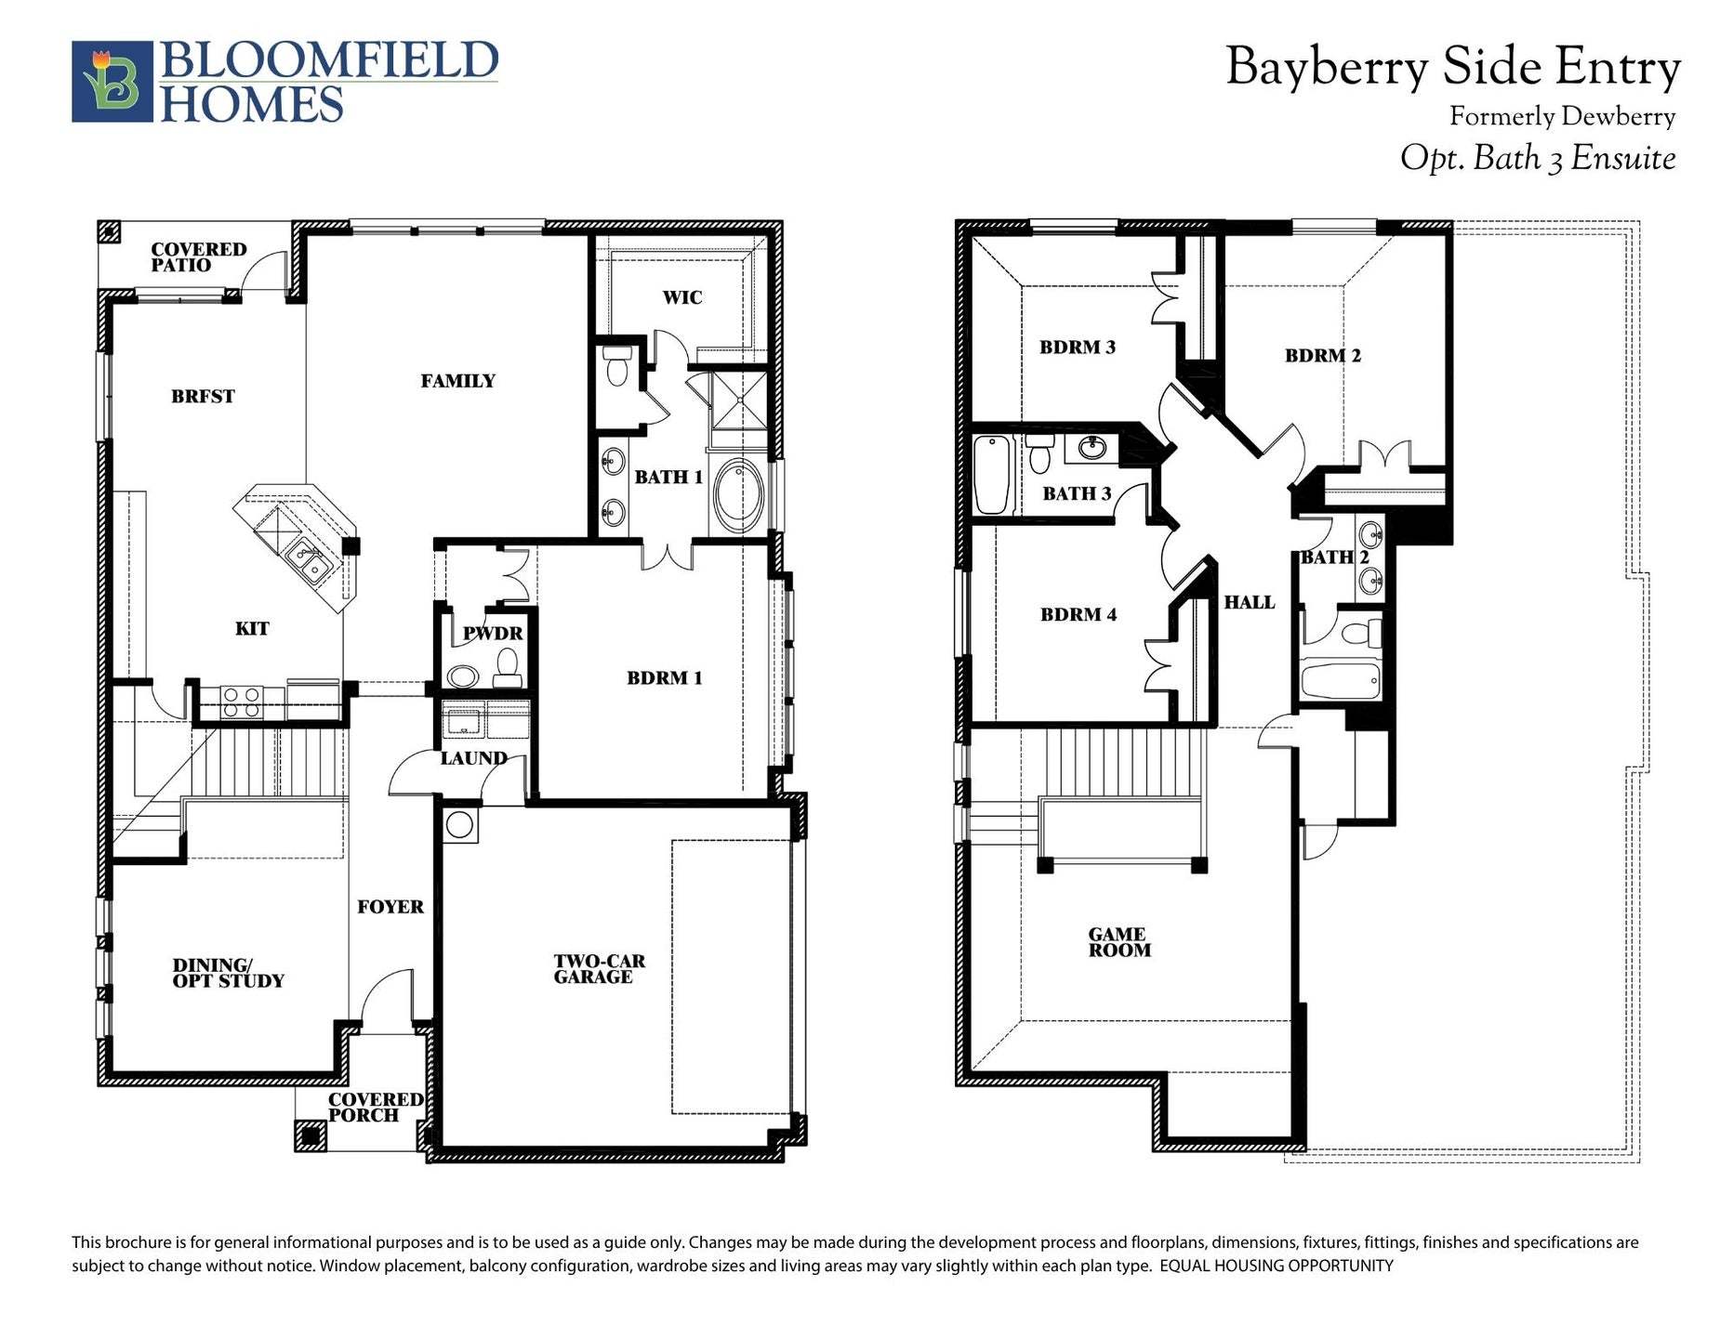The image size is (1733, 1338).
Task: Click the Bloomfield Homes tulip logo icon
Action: coord(112,81)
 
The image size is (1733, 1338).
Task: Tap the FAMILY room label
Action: coord(457,381)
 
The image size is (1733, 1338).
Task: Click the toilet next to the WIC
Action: coord(616,366)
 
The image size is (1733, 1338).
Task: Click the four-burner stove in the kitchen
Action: coord(241,702)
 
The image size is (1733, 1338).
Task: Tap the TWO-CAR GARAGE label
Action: coord(598,969)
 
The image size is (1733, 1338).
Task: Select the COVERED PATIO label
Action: coord(198,256)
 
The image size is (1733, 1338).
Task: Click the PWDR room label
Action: coord(493,634)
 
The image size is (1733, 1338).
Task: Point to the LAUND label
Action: coord(473,758)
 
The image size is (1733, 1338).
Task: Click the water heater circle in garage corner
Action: coord(458,824)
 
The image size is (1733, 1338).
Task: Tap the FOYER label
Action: coord(390,907)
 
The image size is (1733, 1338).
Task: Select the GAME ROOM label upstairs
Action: coord(1119,942)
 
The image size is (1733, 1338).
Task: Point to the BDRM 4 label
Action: coord(1078,614)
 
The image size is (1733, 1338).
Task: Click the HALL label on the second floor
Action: coord(1249,602)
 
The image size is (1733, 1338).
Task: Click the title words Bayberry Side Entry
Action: coord(1452,68)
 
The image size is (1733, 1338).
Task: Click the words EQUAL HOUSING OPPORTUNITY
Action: coord(1276,1266)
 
